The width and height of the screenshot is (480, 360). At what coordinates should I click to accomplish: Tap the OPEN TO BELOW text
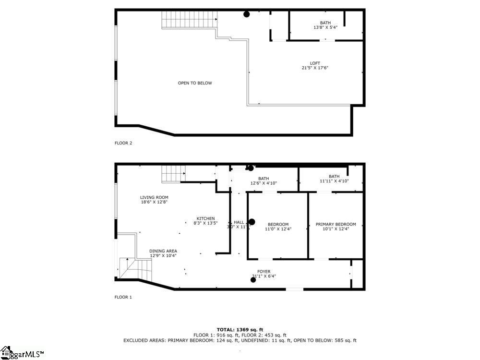pos(195,83)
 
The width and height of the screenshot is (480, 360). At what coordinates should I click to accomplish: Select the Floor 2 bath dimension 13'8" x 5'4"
pos(325,27)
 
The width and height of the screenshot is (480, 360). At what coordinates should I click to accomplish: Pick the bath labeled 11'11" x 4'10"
pos(334,179)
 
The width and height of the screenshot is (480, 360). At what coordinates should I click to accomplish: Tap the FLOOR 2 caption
pos(123,143)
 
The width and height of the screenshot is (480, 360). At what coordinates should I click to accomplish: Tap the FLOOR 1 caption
pos(123,297)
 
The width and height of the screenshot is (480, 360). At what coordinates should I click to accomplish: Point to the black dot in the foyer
pos(253,279)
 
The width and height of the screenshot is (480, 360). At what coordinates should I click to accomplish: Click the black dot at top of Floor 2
pos(247,14)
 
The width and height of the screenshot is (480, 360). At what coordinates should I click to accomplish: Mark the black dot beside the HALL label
pos(251,222)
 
